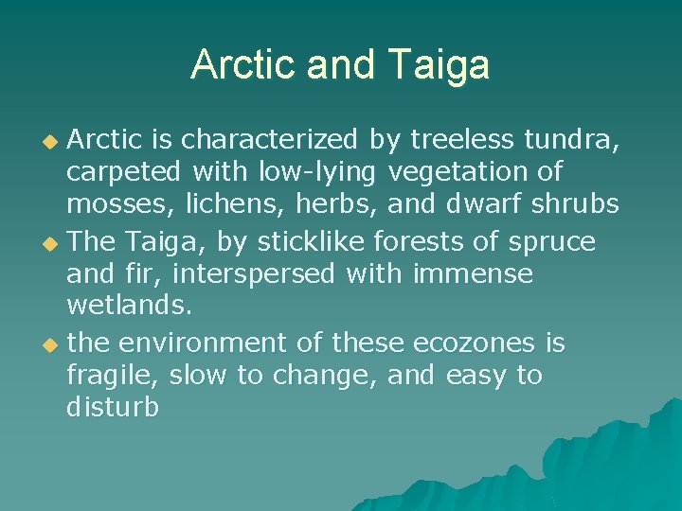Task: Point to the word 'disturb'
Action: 113,409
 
